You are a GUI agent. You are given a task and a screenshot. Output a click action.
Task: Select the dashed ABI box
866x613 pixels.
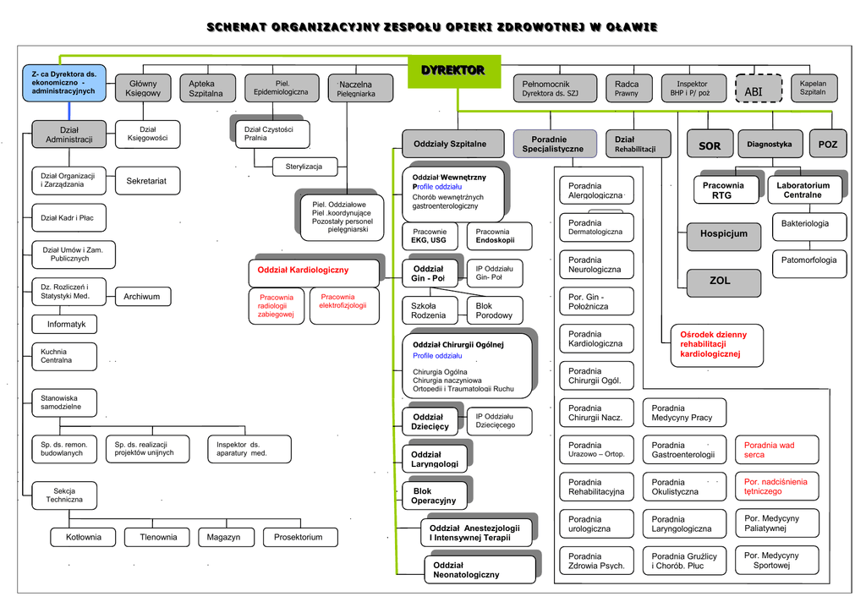(753, 89)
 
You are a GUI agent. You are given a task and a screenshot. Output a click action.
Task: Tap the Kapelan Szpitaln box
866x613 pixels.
(813, 88)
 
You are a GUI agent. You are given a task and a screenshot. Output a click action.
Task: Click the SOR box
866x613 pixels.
(710, 145)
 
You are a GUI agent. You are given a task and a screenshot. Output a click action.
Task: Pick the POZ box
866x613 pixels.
(827, 145)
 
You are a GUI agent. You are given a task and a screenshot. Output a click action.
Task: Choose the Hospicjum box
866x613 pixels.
(724, 233)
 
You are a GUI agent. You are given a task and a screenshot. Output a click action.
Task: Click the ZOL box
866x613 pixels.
(720, 281)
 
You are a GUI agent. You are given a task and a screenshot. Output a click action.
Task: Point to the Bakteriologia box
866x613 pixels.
(804, 224)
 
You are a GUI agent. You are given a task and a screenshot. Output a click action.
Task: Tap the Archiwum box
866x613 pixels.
(142, 297)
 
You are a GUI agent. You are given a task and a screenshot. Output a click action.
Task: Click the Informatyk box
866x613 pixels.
(66, 324)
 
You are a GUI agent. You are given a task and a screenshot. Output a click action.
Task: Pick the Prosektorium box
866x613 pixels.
(299, 537)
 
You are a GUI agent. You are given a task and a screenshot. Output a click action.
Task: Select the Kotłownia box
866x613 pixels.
(83, 537)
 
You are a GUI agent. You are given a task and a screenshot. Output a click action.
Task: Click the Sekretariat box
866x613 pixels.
(146, 181)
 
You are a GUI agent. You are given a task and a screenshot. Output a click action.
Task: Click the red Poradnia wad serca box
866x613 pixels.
(770, 450)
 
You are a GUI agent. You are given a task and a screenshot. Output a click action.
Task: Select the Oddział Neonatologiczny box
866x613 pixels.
(480, 570)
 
